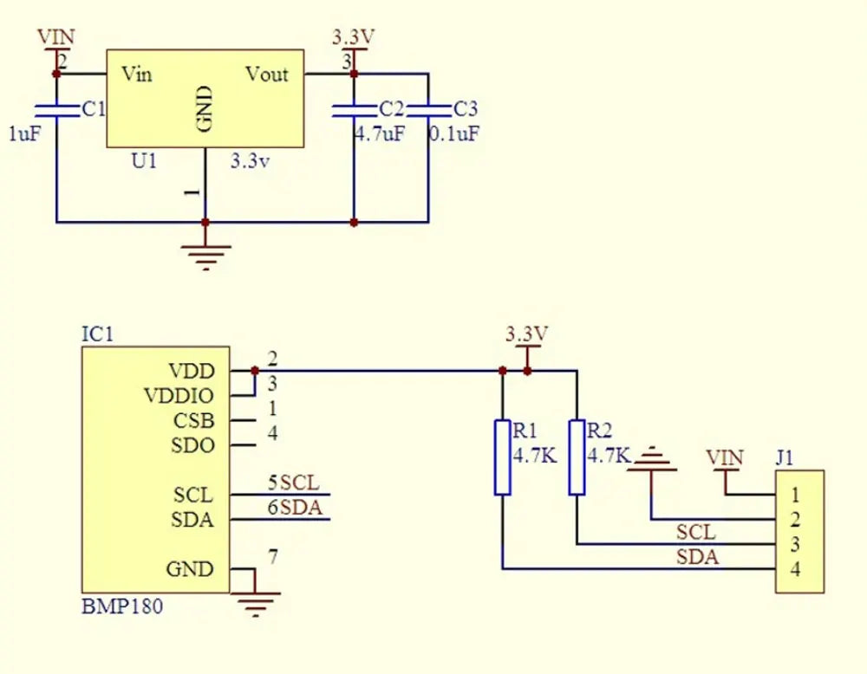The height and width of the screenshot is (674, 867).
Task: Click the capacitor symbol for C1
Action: [56, 111]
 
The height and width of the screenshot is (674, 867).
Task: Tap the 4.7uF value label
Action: [380, 133]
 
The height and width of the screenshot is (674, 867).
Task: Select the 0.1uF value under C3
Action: [454, 133]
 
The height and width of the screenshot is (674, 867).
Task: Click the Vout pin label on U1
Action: [267, 74]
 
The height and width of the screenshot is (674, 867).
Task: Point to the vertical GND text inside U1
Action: [205, 109]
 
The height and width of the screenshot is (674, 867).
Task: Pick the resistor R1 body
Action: [503, 457]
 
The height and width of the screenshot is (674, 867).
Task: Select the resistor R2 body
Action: [577, 457]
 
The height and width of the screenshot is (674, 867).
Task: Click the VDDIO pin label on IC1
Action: [179, 396]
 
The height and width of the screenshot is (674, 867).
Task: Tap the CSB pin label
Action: [193, 421]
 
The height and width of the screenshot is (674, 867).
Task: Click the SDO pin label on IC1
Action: [192, 445]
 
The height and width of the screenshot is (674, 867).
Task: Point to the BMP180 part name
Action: [122, 606]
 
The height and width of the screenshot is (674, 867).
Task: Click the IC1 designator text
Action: [97, 334]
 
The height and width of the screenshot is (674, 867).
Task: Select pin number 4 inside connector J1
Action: [795, 569]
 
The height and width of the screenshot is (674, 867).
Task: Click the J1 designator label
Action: [785, 457]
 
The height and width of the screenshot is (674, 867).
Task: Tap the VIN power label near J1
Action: [724, 457]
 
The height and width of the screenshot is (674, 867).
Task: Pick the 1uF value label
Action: [24, 133]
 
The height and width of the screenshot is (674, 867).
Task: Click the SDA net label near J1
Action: [697, 557]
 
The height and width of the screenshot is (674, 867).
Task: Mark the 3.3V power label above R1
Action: [527, 334]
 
